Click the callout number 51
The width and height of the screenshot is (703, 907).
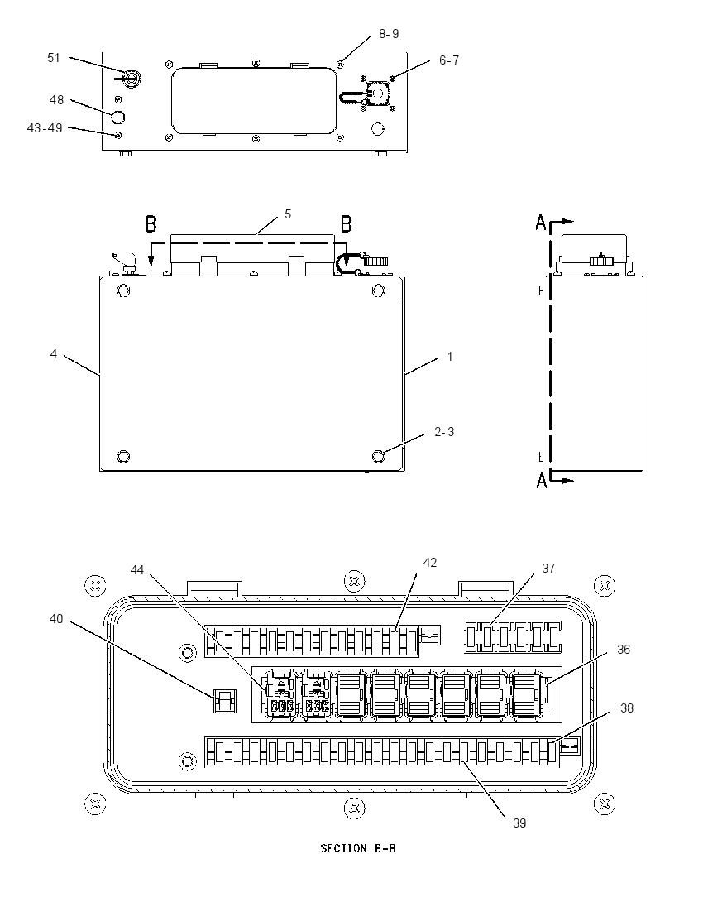pos(54,58)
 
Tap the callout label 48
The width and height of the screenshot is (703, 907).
pos(56,100)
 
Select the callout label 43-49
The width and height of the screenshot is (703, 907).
pos(45,127)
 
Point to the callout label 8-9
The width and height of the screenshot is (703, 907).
pos(389,34)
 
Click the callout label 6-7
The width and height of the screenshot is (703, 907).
pos(448,60)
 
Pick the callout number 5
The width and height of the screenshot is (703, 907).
pos(288,214)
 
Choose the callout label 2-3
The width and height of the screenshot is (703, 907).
pos(444,432)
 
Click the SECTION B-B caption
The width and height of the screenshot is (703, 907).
pos(358,848)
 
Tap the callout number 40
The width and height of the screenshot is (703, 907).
pos(56,620)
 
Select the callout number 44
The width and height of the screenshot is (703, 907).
pos(136,570)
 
